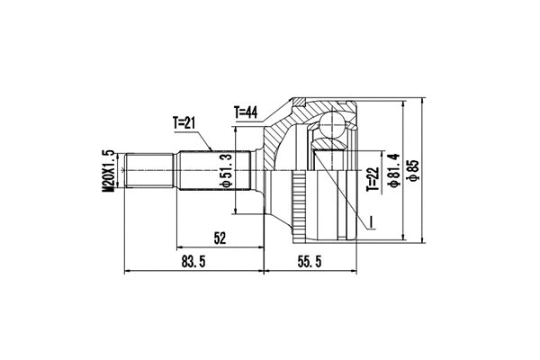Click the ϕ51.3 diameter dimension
tap(228, 171)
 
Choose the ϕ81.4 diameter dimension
tap(393, 167)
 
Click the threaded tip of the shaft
tap(149, 170)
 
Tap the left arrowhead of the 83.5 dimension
tap(127, 270)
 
